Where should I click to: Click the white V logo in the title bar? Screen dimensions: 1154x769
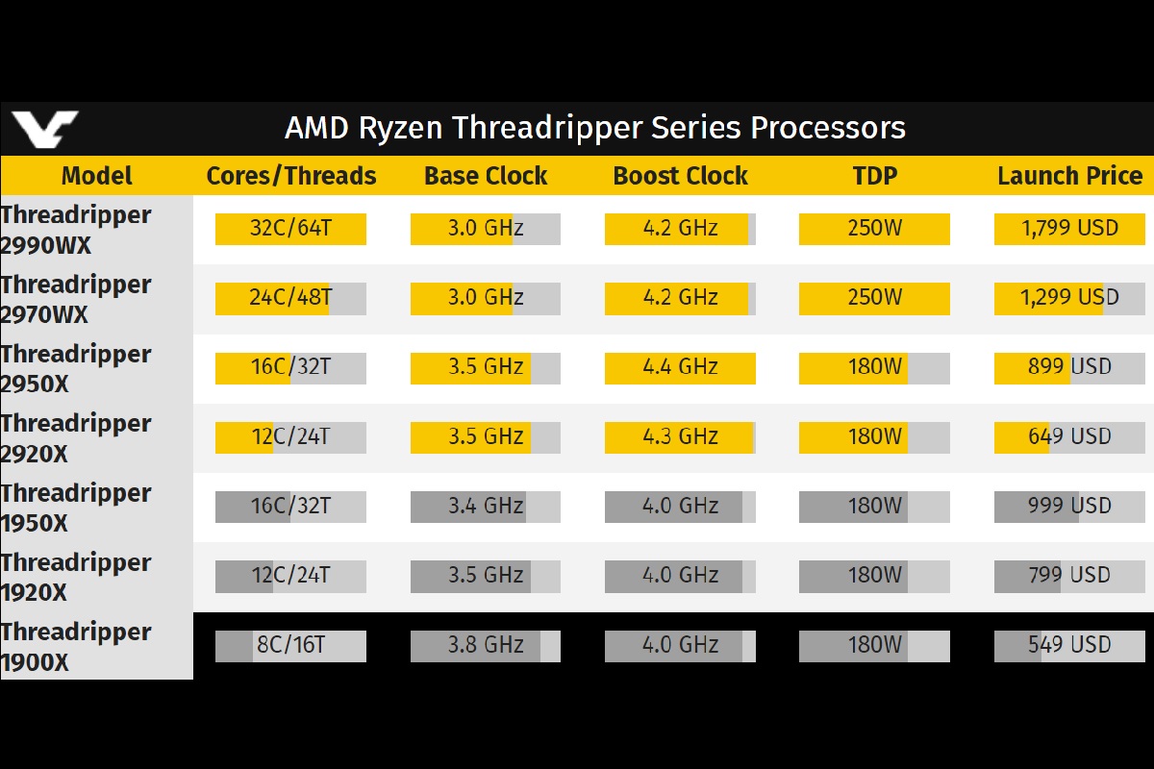[x=45, y=129]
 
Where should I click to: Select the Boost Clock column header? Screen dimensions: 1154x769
[x=680, y=176]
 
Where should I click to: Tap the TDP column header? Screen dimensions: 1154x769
[x=875, y=176]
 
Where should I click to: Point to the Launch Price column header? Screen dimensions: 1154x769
[x=1070, y=176]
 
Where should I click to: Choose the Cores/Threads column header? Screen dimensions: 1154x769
[x=291, y=176]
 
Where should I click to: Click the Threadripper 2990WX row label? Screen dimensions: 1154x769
[x=76, y=230]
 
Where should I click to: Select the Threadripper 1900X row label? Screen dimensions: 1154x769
[x=76, y=647]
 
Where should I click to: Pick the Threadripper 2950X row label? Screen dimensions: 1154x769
[x=76, y=369]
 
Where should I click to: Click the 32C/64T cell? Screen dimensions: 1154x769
[x=290, y=229]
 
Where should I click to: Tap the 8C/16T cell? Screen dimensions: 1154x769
[x=290, y=646]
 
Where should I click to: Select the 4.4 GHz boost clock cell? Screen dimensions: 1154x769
[x=680, y=368]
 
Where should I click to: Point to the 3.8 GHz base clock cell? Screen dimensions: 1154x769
[x=486, y=646]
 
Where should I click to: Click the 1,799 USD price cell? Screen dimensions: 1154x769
[x=1069, y=229]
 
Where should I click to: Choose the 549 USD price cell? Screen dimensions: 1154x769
[x=1069, y=646]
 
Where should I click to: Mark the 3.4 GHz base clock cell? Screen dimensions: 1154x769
[x=486, y=507]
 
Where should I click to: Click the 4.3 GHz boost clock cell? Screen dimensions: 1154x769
[x=680, y=437]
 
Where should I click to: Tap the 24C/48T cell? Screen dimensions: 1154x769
[x=290, y=298]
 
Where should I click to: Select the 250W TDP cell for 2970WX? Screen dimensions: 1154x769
[x=874, y=298]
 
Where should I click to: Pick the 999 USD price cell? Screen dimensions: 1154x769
[x=1069, y=507]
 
